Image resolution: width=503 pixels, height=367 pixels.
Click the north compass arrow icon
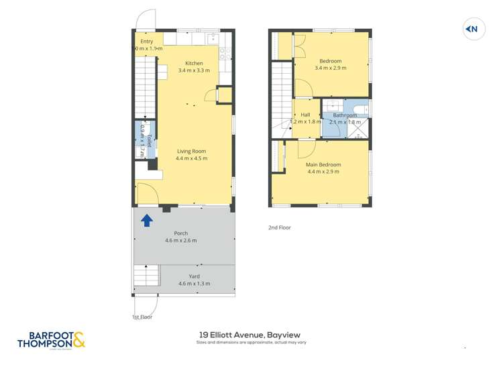(472, 29)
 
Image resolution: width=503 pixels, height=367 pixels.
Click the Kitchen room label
(194, 64)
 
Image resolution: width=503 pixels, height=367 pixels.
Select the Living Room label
(191, 152)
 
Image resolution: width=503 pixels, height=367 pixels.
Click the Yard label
(194, 276)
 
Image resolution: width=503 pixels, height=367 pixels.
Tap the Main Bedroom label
(323, 164)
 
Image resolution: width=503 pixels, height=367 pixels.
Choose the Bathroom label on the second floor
(345, 115)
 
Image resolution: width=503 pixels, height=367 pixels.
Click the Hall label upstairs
(305, 115)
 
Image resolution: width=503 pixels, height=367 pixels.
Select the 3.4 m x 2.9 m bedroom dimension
(331, 66)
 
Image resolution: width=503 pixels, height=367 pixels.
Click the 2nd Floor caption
(279, 227)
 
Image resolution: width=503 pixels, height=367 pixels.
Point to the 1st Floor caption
(142, 317)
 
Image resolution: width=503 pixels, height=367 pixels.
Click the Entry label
(146, 42)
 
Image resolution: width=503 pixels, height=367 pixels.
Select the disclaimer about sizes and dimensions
(251, 343)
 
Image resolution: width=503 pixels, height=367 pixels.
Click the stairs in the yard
(147, 276)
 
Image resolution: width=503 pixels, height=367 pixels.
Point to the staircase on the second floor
(282, 95)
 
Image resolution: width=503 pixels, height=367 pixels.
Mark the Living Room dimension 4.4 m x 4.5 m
(191, 159)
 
